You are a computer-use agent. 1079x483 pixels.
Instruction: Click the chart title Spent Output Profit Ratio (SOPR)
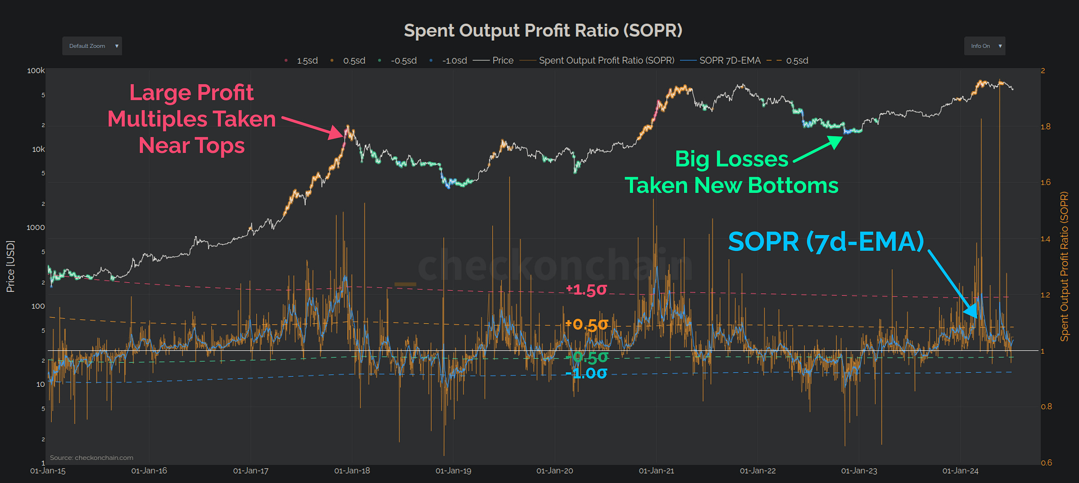543,31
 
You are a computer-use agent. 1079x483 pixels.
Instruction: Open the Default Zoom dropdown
92,46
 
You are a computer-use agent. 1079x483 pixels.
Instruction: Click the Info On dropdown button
984,46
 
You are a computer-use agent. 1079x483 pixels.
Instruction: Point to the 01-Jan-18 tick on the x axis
352,471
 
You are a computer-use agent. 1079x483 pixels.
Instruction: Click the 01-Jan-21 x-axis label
656,471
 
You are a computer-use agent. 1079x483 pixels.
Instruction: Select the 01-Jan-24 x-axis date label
960,471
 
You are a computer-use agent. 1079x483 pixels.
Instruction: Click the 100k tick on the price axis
36,71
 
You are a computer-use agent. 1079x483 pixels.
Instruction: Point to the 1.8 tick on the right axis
1046,127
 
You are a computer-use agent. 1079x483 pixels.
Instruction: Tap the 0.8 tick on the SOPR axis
1046,407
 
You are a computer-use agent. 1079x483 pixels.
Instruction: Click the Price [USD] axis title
10,266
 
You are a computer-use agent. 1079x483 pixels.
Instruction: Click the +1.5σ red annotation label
586,290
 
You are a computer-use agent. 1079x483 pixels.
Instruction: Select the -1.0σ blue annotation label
586,373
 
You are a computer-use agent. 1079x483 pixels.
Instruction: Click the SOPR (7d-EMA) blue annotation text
826,241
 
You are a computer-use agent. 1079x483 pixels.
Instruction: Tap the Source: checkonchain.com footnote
91,458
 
